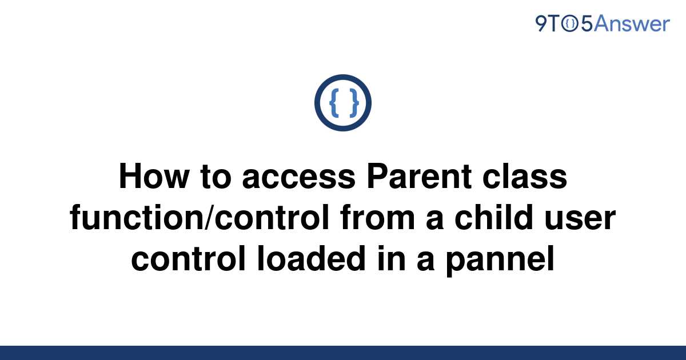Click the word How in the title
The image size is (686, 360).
(154, 176)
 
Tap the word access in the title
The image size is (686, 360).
(298, 178)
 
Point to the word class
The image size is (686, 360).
(525, 176)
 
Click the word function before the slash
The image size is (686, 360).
(137, 217)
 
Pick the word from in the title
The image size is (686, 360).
(377, 217)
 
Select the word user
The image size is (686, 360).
(580, 219)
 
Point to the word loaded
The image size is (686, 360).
(312, 258)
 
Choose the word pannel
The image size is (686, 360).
(500, 260)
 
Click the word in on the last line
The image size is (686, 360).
(392, 258)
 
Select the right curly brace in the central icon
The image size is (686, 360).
(354, 102)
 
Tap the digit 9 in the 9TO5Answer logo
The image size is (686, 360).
(541, 23)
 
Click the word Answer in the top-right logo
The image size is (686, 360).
(632, 23)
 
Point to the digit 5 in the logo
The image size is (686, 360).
(587, 24)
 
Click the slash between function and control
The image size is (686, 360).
(209, 217)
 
